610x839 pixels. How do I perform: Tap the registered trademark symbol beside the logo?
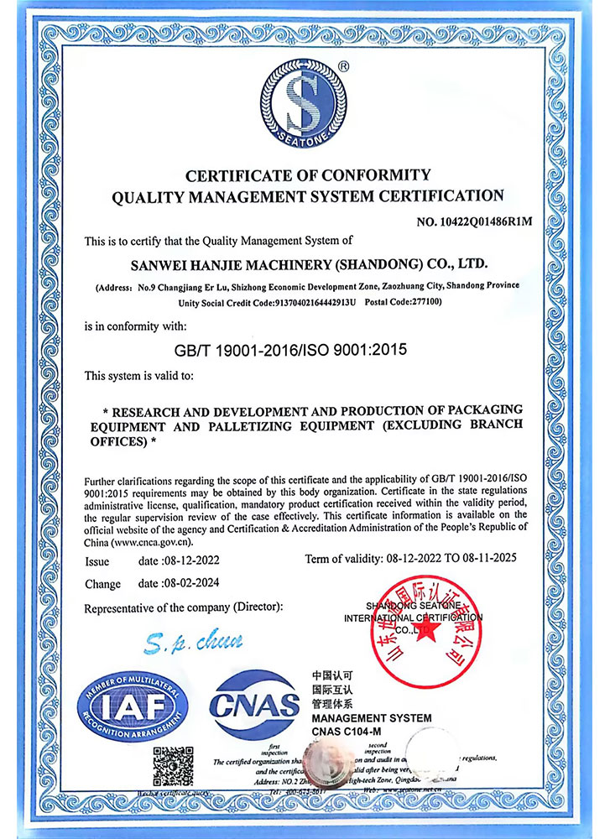pos(343,65)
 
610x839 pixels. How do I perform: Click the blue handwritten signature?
pos(192,644)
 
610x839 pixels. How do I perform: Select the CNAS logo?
pos(253,705)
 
